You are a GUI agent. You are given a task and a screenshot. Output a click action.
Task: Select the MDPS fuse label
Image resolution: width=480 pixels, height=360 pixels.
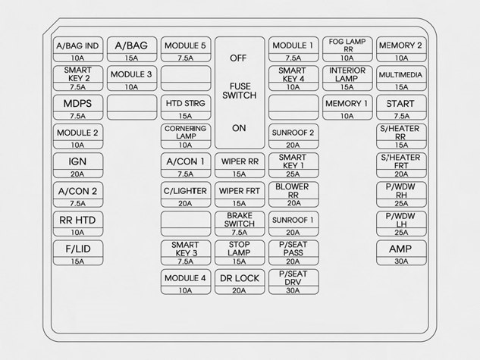pos(77,103)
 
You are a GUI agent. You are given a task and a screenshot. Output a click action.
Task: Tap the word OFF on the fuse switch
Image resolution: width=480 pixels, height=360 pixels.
pos(239,57)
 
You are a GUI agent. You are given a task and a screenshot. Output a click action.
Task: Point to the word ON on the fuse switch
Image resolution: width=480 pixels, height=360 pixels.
pos(239,127)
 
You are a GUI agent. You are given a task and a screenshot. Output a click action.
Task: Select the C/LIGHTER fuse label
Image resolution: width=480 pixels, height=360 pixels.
pos(185,191)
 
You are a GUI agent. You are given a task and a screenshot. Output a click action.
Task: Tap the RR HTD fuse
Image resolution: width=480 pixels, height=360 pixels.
pos(77,220)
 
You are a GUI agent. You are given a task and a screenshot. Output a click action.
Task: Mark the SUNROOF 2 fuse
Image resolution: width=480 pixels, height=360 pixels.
pos(293,132)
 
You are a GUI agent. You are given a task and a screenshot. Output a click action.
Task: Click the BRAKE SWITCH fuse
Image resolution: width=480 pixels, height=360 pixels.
pos(239,219)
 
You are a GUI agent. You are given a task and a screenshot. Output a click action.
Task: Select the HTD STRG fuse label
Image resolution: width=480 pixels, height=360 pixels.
pos(185,103)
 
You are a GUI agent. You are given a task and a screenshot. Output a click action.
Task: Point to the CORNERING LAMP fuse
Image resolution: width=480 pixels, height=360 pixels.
pos(185,132)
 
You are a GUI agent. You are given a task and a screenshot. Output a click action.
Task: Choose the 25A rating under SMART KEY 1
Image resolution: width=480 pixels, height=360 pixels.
pos(293,174)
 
